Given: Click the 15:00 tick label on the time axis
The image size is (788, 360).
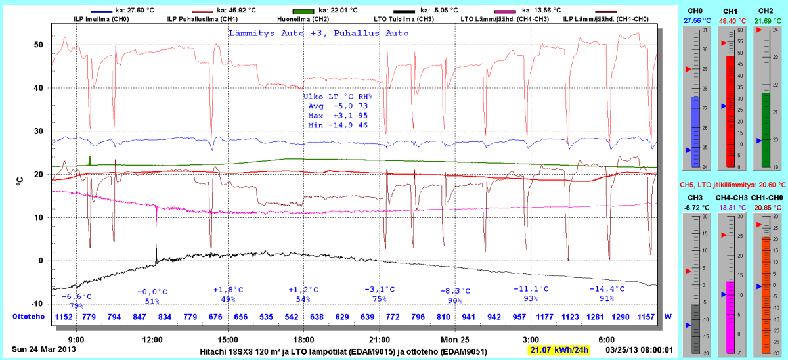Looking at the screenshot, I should coord(228,340).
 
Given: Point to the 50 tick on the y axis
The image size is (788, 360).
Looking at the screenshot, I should coord(39,45).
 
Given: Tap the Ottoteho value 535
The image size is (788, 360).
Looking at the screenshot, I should coord(267,317).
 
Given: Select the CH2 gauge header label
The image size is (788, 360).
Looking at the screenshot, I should coord(765,11).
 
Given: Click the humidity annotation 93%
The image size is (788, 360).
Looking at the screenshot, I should coord(531,299).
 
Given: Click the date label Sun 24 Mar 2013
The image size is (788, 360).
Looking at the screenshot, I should coord(44,349).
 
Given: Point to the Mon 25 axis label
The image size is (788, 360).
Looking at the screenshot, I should coord(454,340).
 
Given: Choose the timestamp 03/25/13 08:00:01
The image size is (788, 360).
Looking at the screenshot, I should coord(639,350).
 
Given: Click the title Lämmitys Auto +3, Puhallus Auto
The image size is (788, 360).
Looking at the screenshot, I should coord(318,34).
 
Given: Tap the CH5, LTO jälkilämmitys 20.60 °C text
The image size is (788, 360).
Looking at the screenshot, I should coord(732,185).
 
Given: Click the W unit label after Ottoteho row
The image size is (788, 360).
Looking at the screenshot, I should coord(668,317).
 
